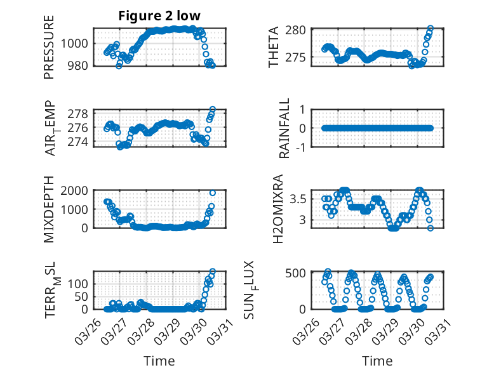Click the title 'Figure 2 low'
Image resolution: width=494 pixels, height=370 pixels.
tap(159, 16)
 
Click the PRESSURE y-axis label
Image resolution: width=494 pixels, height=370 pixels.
tap(50, 47)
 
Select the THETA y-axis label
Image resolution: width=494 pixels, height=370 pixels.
tap(274, 47)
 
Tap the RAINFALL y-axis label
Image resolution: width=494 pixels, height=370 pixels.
tap(285, 128)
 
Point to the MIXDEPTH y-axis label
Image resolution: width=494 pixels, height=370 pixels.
tap(50, 209)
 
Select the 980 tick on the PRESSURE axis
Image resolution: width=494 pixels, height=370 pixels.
tap(80, 65)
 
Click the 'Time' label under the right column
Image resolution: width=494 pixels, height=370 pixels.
tap(377, 360)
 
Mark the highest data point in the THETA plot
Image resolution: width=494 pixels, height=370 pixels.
tap(431, 29)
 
